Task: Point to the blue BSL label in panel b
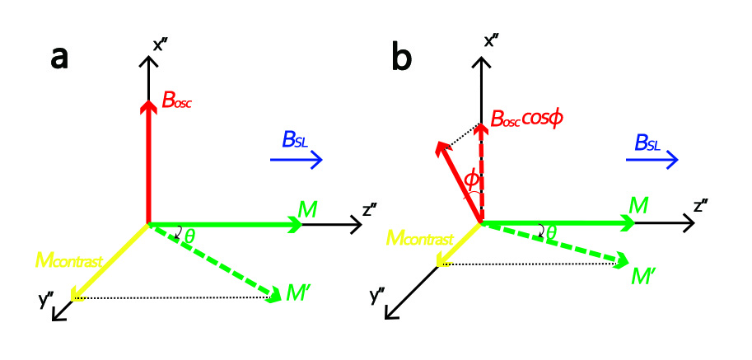point(646,142)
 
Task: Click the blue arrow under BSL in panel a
point(297,161)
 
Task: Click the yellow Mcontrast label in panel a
point(69,262)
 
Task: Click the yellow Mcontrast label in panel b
point(419,239)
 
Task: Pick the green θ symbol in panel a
point(190,236)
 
